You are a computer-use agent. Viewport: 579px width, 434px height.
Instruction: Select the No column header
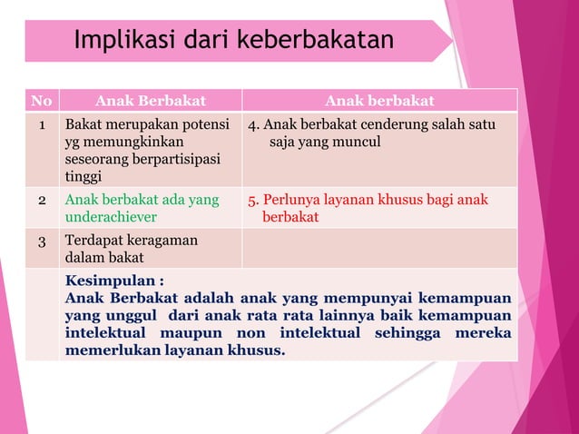tap(42, 100)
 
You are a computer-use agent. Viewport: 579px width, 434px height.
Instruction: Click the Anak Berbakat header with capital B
tap(151, 100)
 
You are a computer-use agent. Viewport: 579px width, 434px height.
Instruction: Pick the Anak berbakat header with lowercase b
tap(379, 100)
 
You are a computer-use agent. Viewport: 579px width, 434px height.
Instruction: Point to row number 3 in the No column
tap(42, 242)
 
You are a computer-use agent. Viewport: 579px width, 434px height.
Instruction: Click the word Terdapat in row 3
tap(93, 242)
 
